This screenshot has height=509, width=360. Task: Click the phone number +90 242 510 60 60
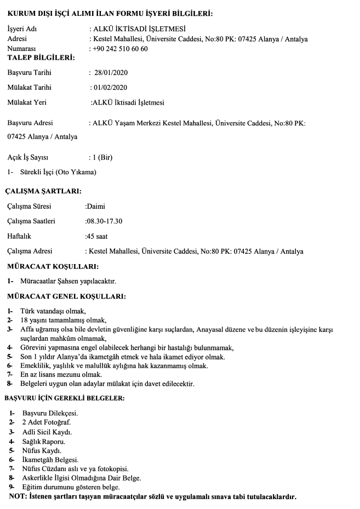click(120, 49)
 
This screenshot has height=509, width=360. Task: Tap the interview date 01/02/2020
click(111, 87)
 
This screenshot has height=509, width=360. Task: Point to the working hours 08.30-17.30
click(104, 221)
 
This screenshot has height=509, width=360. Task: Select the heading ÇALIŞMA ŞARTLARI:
click(43, 191)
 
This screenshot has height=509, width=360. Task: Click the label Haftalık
click(19, 236)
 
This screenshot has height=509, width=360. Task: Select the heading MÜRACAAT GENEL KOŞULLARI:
click(66, 297)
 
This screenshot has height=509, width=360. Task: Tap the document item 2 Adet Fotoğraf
click(46, 422)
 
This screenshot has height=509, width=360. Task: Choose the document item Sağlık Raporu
click(44, 441)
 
